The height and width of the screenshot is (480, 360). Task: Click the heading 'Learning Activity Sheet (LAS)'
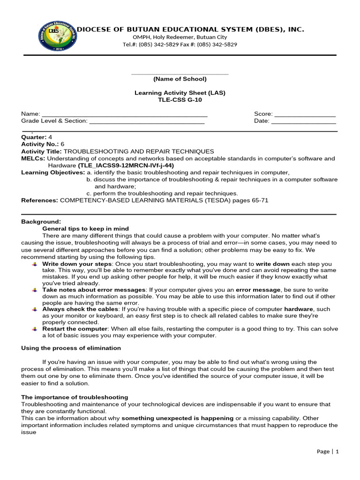pos(180,93)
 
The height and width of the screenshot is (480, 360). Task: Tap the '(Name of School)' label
pos(180,79)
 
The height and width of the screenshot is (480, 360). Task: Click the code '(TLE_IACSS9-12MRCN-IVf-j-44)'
pos(126,165)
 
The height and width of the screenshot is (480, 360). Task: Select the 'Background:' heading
pos(41,222)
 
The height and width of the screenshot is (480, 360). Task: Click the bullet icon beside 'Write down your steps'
pos(35,264)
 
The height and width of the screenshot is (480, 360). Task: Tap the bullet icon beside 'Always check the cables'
pos(35,309)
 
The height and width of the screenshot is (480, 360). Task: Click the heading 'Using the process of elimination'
pos(71,348)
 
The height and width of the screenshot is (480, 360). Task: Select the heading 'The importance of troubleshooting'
pos(75,397)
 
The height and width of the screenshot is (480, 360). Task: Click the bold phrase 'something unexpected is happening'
pos(178,418)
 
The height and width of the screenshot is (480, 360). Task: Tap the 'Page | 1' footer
pos(328,451)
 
